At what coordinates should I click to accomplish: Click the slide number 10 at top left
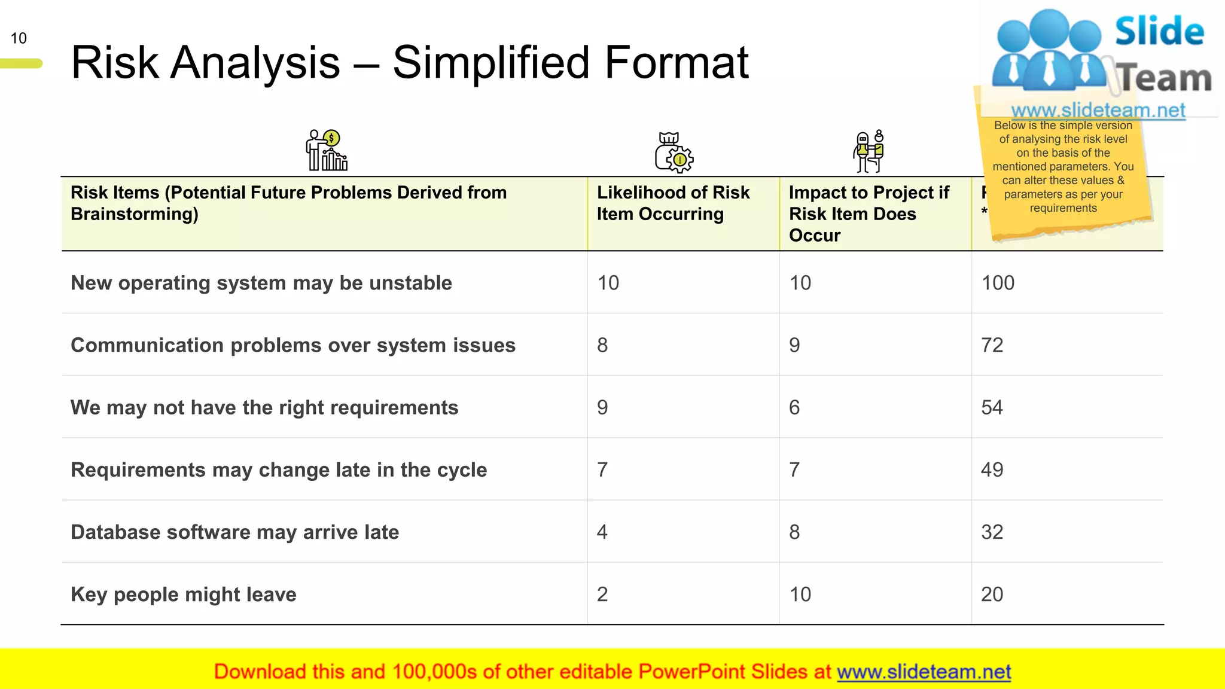coord(19,38)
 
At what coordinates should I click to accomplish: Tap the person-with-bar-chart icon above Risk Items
coord(327,150)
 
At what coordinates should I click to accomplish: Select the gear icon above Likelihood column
coord(674,153)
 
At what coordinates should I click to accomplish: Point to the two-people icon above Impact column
coord(869,151)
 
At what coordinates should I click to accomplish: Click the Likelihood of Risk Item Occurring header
coord(673,203)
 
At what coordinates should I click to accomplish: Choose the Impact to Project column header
coord(869,214)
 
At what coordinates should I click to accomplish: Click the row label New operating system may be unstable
coord(261,283)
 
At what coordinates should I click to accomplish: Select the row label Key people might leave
coord(184,595)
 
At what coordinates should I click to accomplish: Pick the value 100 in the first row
coord(998,283)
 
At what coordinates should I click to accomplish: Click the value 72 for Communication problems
coord(992,345)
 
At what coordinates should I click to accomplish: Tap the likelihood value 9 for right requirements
coord(602,407)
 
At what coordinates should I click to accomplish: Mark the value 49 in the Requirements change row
coord(992,470)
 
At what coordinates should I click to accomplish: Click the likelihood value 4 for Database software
coord(602,532)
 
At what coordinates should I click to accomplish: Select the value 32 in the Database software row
coord(992,532)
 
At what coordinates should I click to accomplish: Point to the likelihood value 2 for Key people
coord(602,595)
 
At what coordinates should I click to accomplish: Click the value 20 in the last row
coord(992,595)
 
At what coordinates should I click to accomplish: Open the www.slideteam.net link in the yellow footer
coord(924,672)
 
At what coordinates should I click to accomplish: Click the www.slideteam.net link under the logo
coord(1098,110)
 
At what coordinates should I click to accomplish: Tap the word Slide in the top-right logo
coord(1159,31)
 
